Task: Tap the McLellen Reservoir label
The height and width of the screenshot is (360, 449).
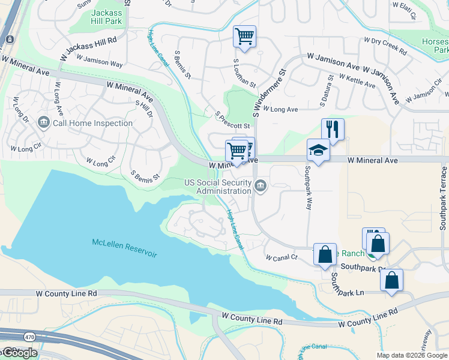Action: (124, 248)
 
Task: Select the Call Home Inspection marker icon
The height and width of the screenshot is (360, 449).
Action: (43, 123)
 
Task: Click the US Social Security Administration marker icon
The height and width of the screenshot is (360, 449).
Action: (261, 185)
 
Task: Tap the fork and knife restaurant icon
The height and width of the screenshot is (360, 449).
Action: (333, 128)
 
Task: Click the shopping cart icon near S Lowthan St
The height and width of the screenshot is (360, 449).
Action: (244, 36)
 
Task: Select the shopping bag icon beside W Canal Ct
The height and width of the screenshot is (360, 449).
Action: (325, 253)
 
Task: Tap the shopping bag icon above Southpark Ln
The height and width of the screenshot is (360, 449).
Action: (391, 280)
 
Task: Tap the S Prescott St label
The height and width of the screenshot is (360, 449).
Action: (232, 120)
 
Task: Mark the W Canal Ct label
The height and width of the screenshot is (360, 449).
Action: (282, 257)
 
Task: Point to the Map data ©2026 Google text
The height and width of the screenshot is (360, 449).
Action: (411, 355)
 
